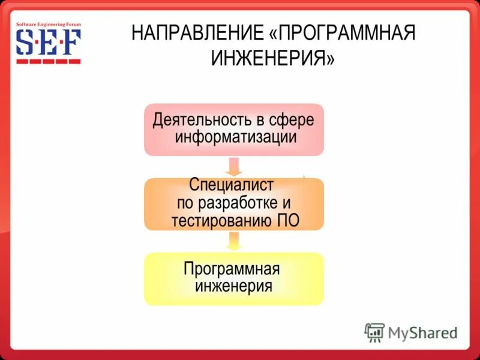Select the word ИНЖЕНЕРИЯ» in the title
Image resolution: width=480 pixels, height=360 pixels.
[x=271, y=59]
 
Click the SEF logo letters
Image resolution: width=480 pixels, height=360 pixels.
[x=48, y=43]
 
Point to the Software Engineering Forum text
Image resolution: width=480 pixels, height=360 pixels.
[x=48, y=25]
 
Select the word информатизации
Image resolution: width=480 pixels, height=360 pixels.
[x=236, y=137]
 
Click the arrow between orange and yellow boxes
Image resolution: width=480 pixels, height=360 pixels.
[x=234, y=241]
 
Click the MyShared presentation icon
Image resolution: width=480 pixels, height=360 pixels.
[x=374, y=332]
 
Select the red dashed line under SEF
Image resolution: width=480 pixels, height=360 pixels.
[x=48, y=61]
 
